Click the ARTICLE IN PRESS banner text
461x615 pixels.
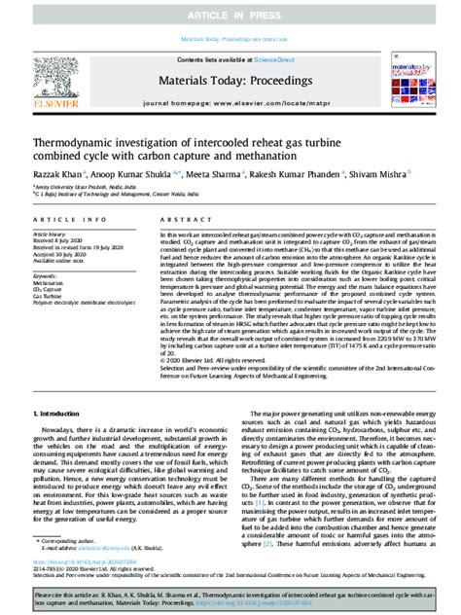pos(230,17)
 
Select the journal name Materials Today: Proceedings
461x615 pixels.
pos(230,81)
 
